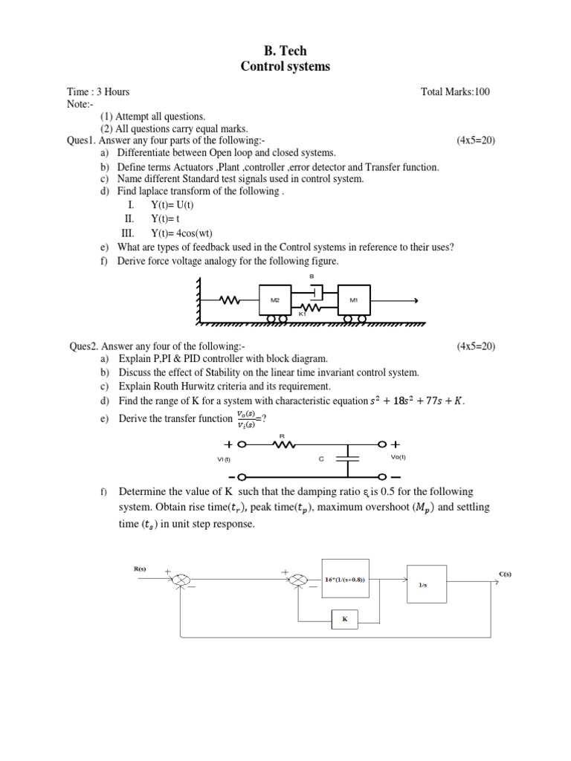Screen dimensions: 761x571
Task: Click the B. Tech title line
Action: point(285,51)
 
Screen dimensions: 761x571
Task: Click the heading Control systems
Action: point(285,67)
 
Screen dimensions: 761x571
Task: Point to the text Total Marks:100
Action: point(455,92)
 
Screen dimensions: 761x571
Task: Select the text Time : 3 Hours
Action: point(98,92)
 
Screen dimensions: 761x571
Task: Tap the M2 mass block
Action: point(274,299)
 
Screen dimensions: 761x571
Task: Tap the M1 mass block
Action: point(353,299)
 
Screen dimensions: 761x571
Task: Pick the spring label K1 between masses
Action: point(303,315)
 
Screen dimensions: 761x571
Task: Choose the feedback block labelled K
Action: point(344,618)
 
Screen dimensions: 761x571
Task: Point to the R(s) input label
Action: point(140,569)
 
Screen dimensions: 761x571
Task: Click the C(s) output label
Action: point(506,574)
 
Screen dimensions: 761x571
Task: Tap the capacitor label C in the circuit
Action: point(321,459)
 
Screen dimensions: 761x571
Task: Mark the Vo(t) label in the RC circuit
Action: point(399,458)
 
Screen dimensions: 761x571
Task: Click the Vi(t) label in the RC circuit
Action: point(225,459)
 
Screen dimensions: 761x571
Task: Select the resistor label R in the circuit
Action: point(282,435)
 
